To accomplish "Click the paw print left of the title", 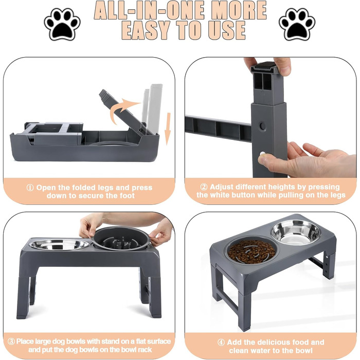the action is (62, 24).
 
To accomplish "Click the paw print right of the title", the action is (297, 24).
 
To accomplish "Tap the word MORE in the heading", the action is (239, 11).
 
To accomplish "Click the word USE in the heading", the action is (227, 30).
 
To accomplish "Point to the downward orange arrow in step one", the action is (168, 129).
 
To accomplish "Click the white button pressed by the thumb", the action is (262, 154).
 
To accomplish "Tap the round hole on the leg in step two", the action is (263, 127).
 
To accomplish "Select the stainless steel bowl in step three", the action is (59, 244).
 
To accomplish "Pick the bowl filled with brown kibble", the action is (252, 250).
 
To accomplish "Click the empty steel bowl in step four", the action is (296, 232).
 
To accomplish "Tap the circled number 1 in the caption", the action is (30, 188).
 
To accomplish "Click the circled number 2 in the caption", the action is (204, 187).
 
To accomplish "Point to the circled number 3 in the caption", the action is (11, 341).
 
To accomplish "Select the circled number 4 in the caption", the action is (221, 343).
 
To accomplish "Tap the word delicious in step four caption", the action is (274, 343).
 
